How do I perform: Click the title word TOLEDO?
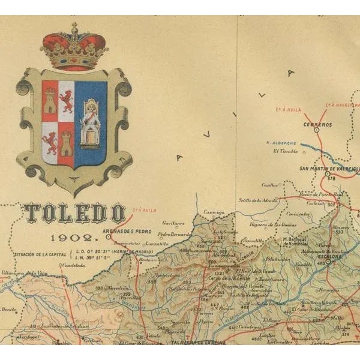click(74, 213)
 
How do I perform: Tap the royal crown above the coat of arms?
click(73, 48)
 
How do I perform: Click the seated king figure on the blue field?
click(91, 124)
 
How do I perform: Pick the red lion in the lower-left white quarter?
click(50, 143)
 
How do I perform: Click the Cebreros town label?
click(318, 125)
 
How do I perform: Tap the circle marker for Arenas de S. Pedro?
click(109, 237)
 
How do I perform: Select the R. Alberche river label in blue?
click(281, 143)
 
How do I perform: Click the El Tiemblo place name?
click(285, 151)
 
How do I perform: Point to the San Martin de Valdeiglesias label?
click(329, 169)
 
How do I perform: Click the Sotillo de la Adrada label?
click(257, 200)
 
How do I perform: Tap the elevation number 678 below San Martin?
click(331, 178)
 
